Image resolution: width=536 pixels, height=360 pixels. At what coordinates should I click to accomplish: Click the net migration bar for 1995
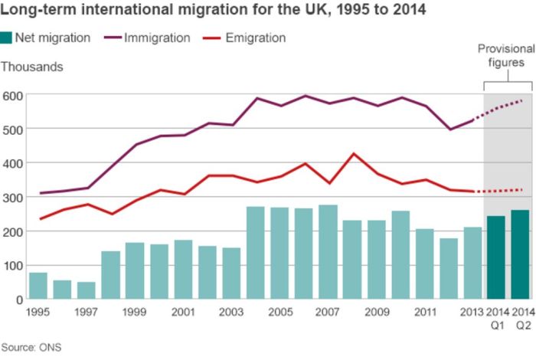click(38, 286)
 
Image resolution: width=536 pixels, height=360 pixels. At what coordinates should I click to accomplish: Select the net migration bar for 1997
click(87, 290)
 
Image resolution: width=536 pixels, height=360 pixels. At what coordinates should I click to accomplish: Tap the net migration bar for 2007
click(328, 252)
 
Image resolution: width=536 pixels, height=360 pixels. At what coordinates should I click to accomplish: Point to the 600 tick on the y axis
click(13, 96)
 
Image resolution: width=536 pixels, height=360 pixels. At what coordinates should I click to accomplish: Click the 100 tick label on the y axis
click(13, 266)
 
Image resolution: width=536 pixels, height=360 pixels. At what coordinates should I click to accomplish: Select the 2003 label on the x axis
click(230, 313)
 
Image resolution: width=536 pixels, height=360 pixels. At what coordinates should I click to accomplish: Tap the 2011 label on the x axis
click(424, 313)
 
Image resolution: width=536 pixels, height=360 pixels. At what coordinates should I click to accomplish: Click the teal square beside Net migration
click(7, 38)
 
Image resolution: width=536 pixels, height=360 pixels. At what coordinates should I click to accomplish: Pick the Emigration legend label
click(255, 38)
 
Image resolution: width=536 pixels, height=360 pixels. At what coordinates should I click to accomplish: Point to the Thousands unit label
click(32, 67)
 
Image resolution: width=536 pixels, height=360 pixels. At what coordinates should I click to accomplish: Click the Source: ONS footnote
click(31, 347)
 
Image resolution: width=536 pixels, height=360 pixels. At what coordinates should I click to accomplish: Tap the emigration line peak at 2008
click(352, 154)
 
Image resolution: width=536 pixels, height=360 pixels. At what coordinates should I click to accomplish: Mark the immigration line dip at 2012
click(449, 129)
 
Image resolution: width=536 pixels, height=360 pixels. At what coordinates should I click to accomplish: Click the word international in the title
click(128, 11)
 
